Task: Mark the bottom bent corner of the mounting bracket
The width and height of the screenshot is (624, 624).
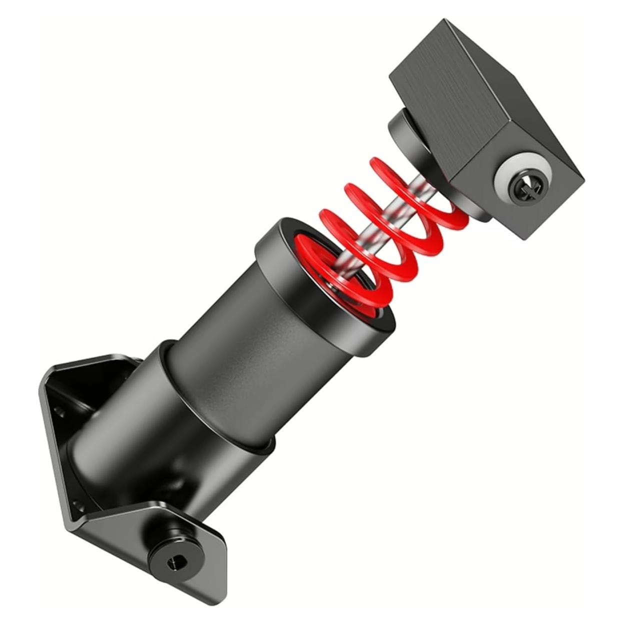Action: [70, 525]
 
